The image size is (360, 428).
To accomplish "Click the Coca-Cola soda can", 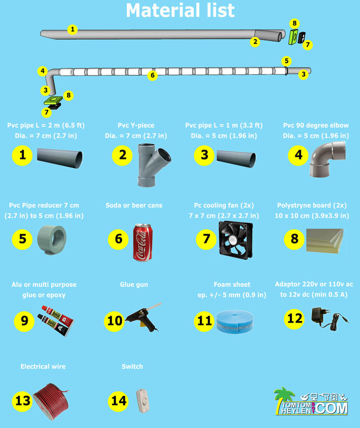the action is (143, 243).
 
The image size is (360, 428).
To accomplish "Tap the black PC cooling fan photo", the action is (235, 240).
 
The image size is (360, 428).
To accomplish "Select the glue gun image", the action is (143, 317).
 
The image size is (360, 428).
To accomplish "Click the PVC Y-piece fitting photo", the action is (153, 165).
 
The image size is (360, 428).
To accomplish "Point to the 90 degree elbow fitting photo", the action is (327, 159).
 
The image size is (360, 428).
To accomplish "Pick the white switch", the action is (143, 401).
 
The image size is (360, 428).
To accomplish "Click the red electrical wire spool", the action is (51, 401).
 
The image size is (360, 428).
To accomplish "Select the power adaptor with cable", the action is (329, 318).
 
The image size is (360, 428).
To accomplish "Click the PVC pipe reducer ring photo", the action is (51, 239).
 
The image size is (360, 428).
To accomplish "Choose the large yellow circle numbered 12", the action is (294, 318).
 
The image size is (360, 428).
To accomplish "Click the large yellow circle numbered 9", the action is (24, 321).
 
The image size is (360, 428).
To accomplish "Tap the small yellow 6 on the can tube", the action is (153, 75).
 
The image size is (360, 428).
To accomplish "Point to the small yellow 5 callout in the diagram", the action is (286, 61).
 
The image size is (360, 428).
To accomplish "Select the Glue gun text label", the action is (134, 285).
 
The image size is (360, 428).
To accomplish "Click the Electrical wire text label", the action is (43, 367).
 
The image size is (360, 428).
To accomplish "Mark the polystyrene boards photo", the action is (325, 241).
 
